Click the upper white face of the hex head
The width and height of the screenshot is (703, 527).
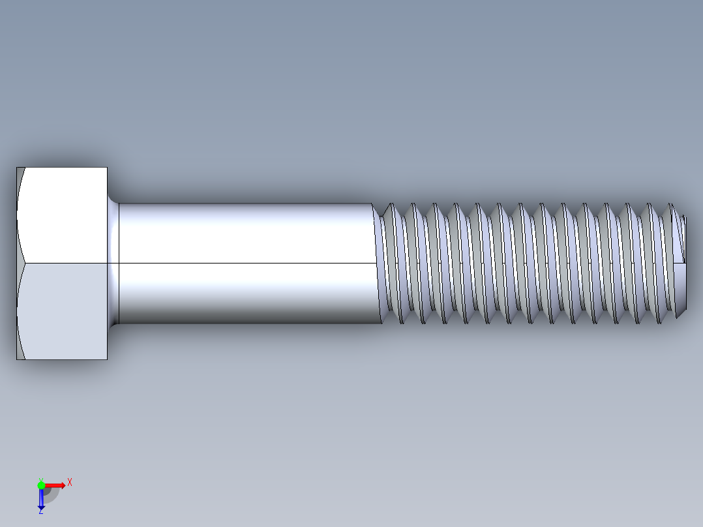point(65,215)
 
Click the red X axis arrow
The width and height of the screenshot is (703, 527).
point(55,485)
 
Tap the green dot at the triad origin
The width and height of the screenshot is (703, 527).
point(41,485)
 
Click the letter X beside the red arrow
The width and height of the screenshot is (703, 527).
point(69,483)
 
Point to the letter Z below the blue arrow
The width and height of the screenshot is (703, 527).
point(40,512)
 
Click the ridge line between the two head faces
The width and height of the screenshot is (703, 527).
point(65,263)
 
